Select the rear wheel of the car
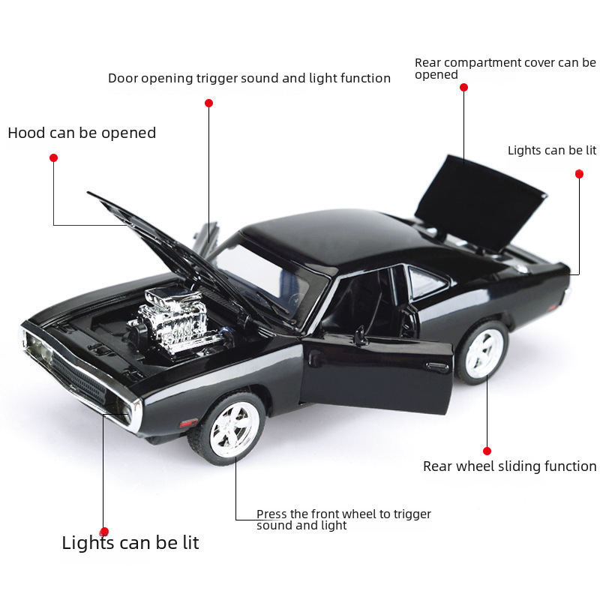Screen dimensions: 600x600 click(x=481, y=352)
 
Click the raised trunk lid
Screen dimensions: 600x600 click(x=480, y=201)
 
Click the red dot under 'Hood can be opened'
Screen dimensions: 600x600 click(x=53, y=157)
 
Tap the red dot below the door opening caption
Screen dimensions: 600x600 click(x=208, y=103)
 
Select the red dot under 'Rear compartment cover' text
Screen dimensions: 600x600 click(x=463, y=87)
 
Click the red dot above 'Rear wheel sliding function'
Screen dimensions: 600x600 click(x=487, y=451)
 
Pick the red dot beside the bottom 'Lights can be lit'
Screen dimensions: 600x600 click(x=104, y=531)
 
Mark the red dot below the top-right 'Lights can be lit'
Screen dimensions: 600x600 click(x=579, y=174)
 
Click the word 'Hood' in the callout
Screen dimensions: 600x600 click(x=26, y=133)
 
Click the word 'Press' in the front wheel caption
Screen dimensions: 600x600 click(x=271, y=514)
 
